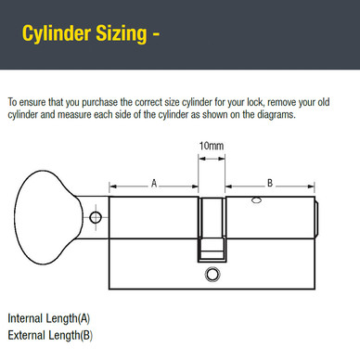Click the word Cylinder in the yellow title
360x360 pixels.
[x=58, y=36]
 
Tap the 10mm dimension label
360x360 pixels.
[x=211, y=147]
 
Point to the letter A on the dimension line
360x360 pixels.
[x=154, y=184]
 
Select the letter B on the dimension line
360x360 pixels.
[x=269, y=184]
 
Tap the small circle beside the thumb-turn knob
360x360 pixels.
[x=93, y=219]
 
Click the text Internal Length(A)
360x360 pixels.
[x=49, y=317]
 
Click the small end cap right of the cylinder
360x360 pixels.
[x=318, y=217]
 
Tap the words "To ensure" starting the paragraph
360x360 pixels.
[x=26, y=100]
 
